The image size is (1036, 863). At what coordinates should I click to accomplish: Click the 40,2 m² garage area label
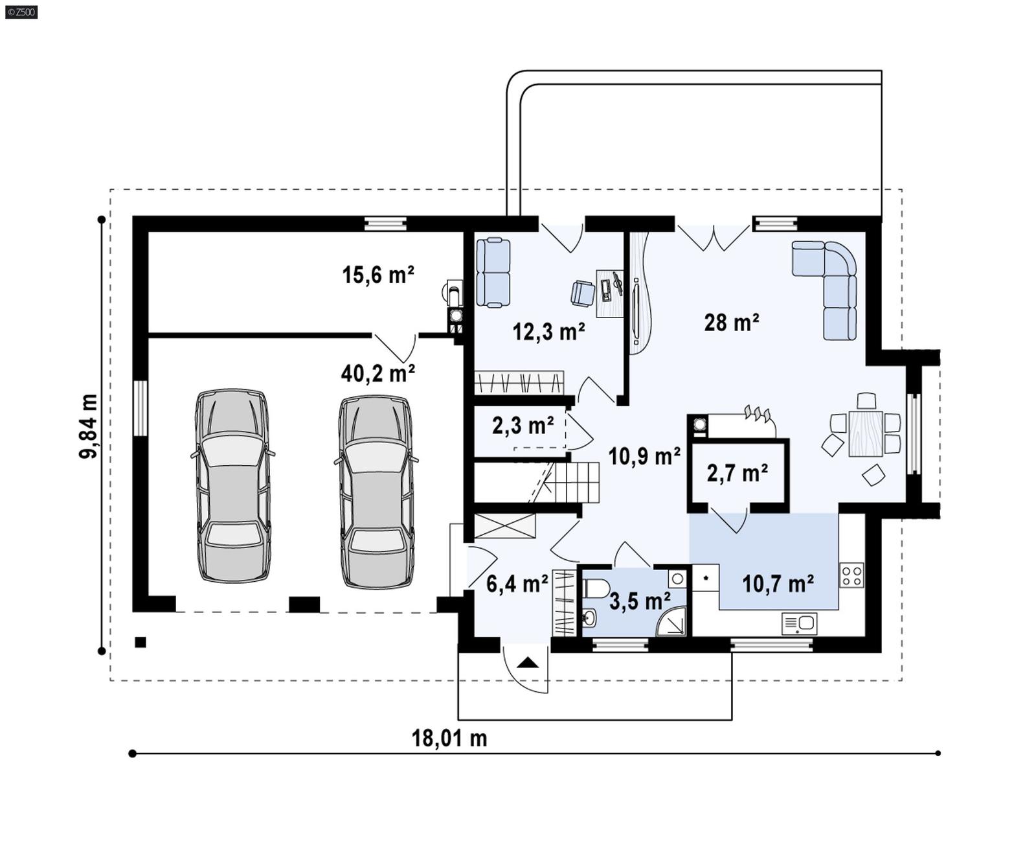377,374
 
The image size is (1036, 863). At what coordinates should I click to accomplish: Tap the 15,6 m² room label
377,275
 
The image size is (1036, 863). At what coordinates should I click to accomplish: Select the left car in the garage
233,486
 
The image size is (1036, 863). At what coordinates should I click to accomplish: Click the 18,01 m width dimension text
449,739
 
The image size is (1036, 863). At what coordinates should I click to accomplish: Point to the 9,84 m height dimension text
89,426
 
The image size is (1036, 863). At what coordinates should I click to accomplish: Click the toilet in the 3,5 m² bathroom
595,589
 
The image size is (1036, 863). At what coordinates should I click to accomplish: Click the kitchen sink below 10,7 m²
799,623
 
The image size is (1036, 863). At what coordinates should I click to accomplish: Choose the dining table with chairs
865,433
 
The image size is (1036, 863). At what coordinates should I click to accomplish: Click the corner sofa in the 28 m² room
832,285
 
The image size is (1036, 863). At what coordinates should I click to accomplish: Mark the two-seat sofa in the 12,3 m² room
493,273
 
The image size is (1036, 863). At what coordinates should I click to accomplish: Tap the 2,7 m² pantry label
737,474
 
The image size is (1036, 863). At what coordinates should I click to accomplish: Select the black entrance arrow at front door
528,663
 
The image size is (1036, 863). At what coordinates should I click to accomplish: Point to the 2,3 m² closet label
523,426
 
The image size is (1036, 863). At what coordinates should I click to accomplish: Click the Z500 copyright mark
21,12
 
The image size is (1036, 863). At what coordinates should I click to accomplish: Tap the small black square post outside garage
141,643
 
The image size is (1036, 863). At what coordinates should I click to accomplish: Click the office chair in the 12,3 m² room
583,293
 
